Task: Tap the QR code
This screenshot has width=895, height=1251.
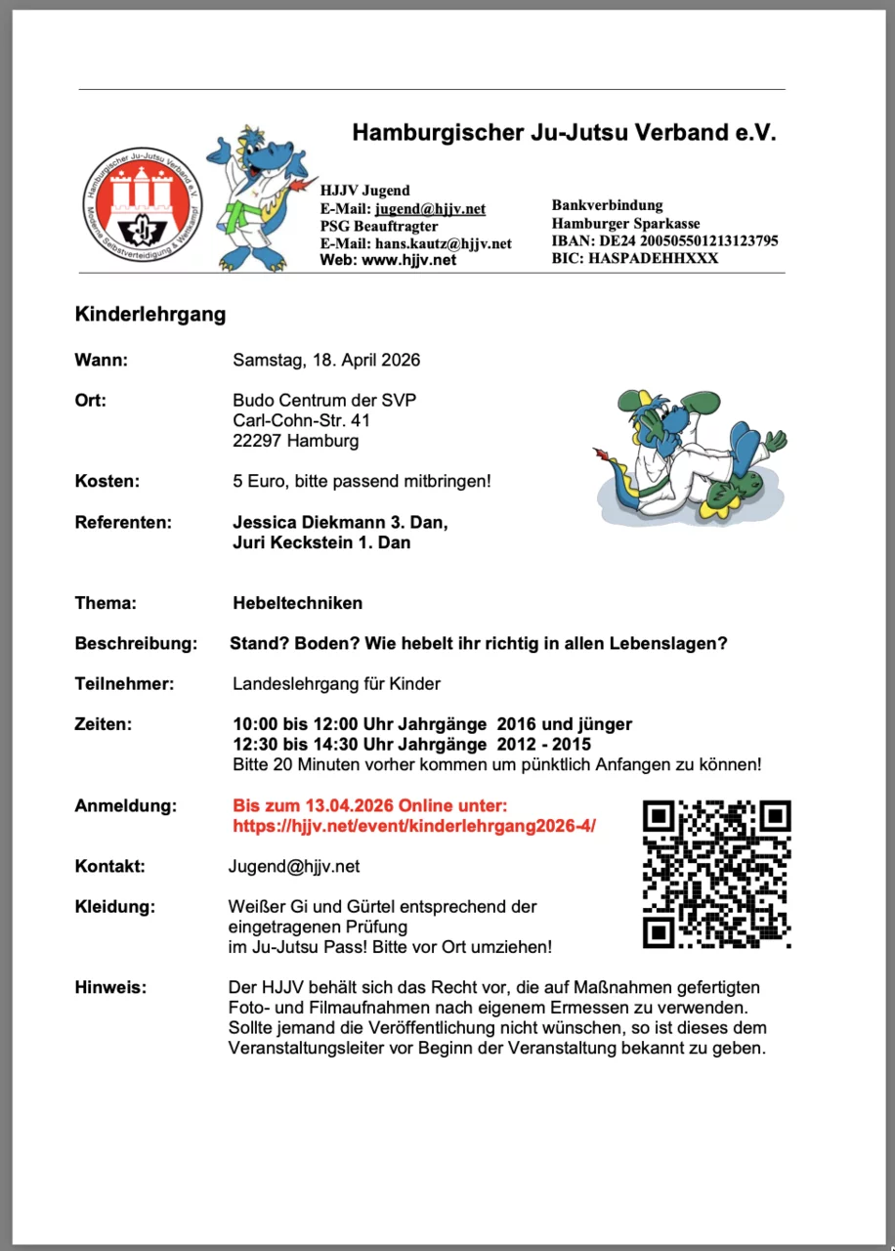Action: click(716, 874)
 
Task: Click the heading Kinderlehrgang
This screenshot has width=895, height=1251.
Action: click(150, 315)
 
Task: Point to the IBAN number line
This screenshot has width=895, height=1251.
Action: click(664, 240)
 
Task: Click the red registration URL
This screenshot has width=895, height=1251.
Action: click(414, 826)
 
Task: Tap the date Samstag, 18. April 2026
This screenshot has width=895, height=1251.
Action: click(326, 360)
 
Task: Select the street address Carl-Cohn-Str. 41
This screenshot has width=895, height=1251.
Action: click(301, 420)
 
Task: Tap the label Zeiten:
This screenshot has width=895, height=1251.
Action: click(103, 724)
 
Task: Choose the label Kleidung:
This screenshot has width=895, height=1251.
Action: click(114, 906)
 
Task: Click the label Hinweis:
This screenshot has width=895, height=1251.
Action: click(110, 987)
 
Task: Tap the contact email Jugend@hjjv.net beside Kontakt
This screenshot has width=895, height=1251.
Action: click(294, 866)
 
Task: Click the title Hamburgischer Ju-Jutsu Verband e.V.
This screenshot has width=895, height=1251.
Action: click(564, 132)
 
